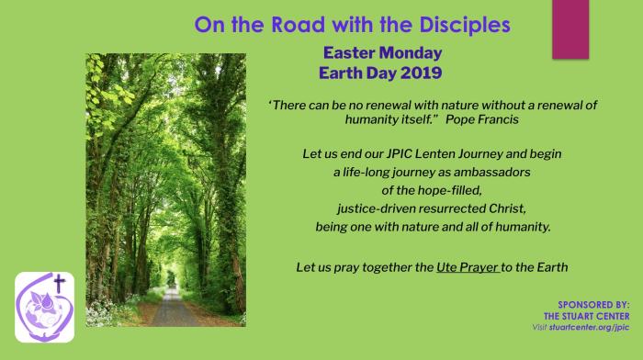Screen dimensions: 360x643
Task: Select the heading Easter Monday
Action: [377, 53]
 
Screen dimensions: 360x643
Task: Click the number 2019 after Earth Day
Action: [420, 73]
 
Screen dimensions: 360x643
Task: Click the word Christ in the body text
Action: [483, 207]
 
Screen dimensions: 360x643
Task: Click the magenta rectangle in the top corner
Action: [570, 28]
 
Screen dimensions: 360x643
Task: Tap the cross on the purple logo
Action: [58, 284]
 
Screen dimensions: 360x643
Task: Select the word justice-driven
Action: [369, 207]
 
